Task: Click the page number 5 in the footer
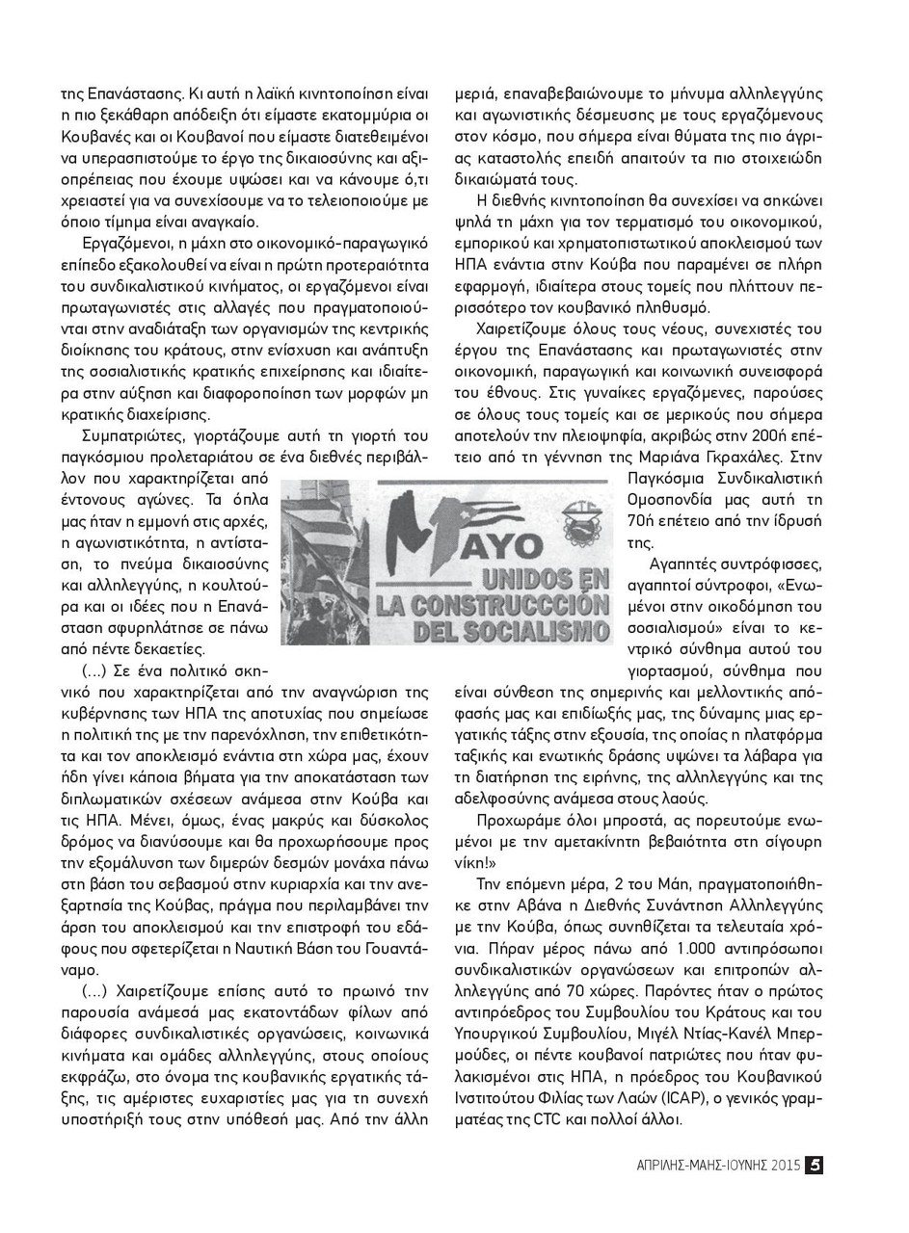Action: pos(814,1165)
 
